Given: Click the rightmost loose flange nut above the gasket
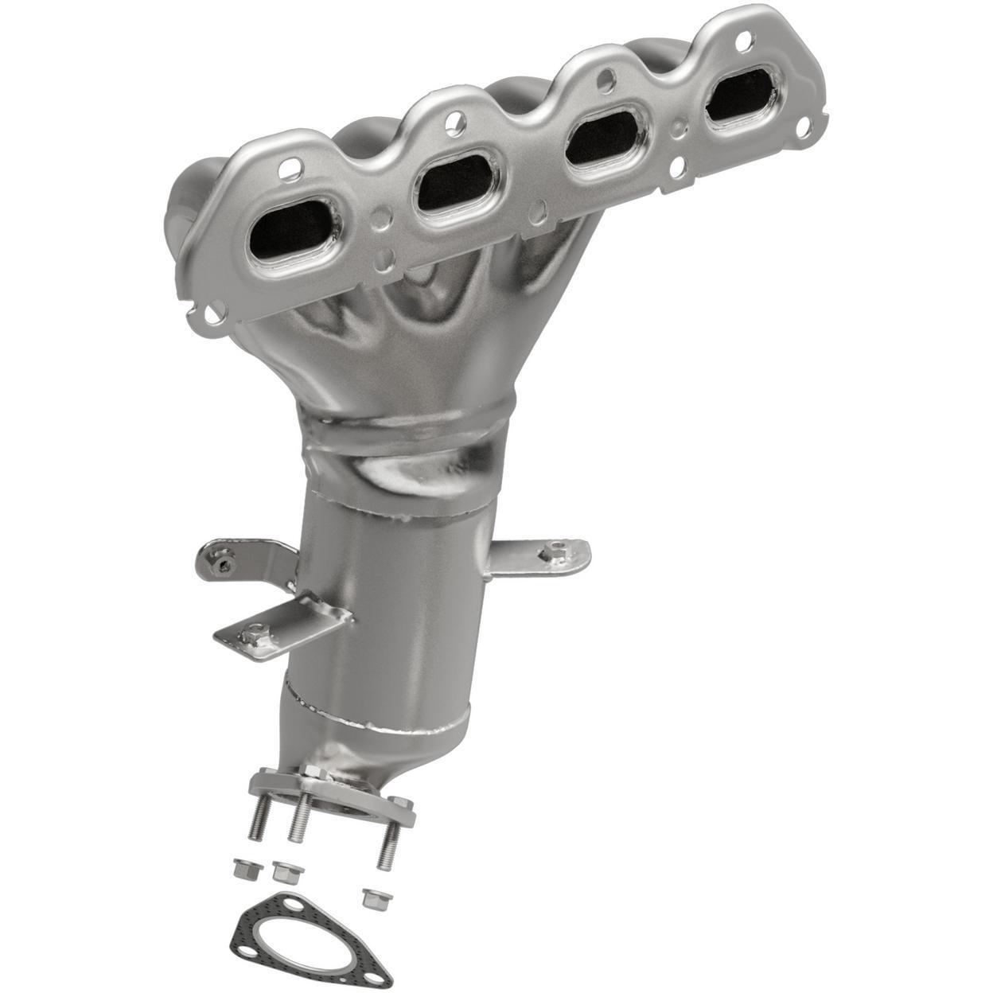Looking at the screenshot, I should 372,899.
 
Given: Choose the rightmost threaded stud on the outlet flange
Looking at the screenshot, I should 388,843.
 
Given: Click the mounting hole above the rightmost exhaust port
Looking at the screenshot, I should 744,37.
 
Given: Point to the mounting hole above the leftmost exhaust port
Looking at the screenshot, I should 292,166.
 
